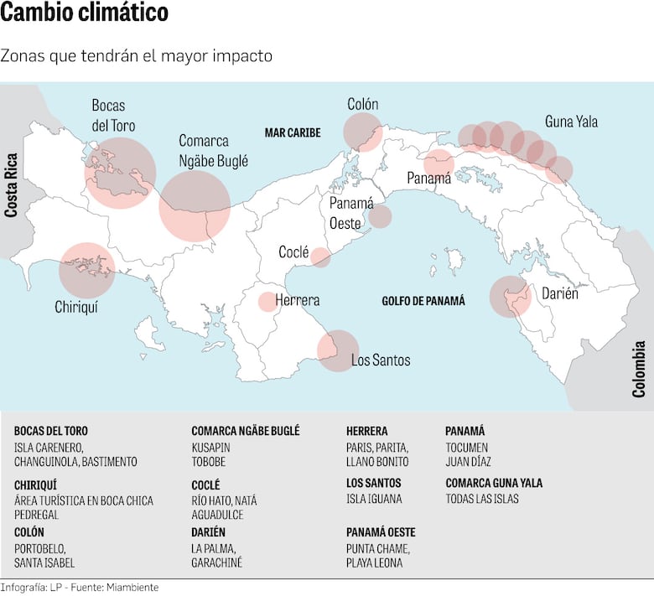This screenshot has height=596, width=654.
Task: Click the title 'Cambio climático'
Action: click(85, 14)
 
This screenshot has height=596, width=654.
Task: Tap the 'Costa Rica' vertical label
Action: click(12, 185)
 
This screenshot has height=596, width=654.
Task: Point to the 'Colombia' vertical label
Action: click(639, 369)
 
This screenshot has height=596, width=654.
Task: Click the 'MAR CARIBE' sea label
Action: click(293, 132)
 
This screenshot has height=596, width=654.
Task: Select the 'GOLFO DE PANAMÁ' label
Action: click(423, 301)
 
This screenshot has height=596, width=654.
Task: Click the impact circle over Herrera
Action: click(267, 302)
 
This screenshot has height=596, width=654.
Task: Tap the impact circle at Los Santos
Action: click(338, 350)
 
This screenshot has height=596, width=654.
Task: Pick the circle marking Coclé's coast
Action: click(320, 257)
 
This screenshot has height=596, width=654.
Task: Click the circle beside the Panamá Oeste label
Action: click(380, 216)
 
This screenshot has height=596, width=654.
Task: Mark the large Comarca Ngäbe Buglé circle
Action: click(195, 205)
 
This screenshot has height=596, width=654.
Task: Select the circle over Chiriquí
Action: click(86, 270)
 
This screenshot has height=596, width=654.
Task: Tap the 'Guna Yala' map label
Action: click(571, 122)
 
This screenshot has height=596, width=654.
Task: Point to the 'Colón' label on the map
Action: click(363, 105)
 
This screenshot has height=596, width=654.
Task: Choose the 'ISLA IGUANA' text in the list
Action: click(374, 499)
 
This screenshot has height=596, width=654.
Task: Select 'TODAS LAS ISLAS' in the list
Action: click(482, 499)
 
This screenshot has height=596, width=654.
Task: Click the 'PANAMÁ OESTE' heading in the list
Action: click(381, 532)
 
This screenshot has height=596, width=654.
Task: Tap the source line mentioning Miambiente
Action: click(79, 588)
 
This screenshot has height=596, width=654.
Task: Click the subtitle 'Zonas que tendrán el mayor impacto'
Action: click(136, 56)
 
